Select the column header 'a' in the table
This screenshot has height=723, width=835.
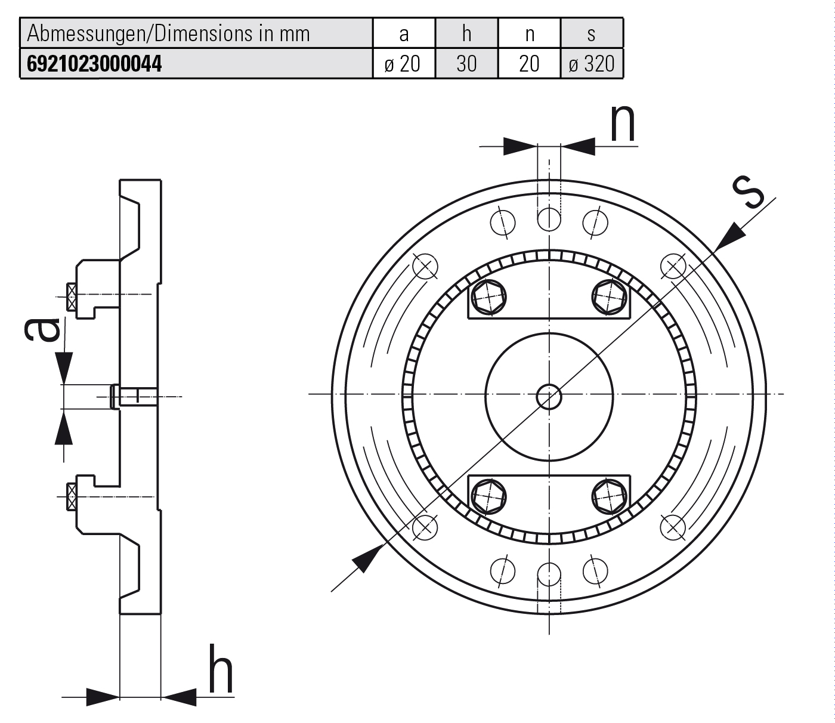(x=404, y=33)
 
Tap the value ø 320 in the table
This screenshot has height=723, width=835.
(x=592, y=64)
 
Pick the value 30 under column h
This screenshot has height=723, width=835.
(x=466, y=64)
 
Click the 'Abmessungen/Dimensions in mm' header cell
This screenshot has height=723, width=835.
(x=169, y=33)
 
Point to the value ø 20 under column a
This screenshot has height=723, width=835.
(x=404, y=64)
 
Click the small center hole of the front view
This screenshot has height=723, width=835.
(x=549, y=396)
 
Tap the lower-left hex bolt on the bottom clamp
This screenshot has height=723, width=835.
(x=488, y=495)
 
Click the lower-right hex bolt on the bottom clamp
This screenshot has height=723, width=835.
(x=610, y=495)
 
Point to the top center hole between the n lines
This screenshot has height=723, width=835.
(x=549, y=220)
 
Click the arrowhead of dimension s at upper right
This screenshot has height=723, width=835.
(x=729, y=239)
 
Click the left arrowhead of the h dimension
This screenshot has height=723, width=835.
(x=103, y=696)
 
